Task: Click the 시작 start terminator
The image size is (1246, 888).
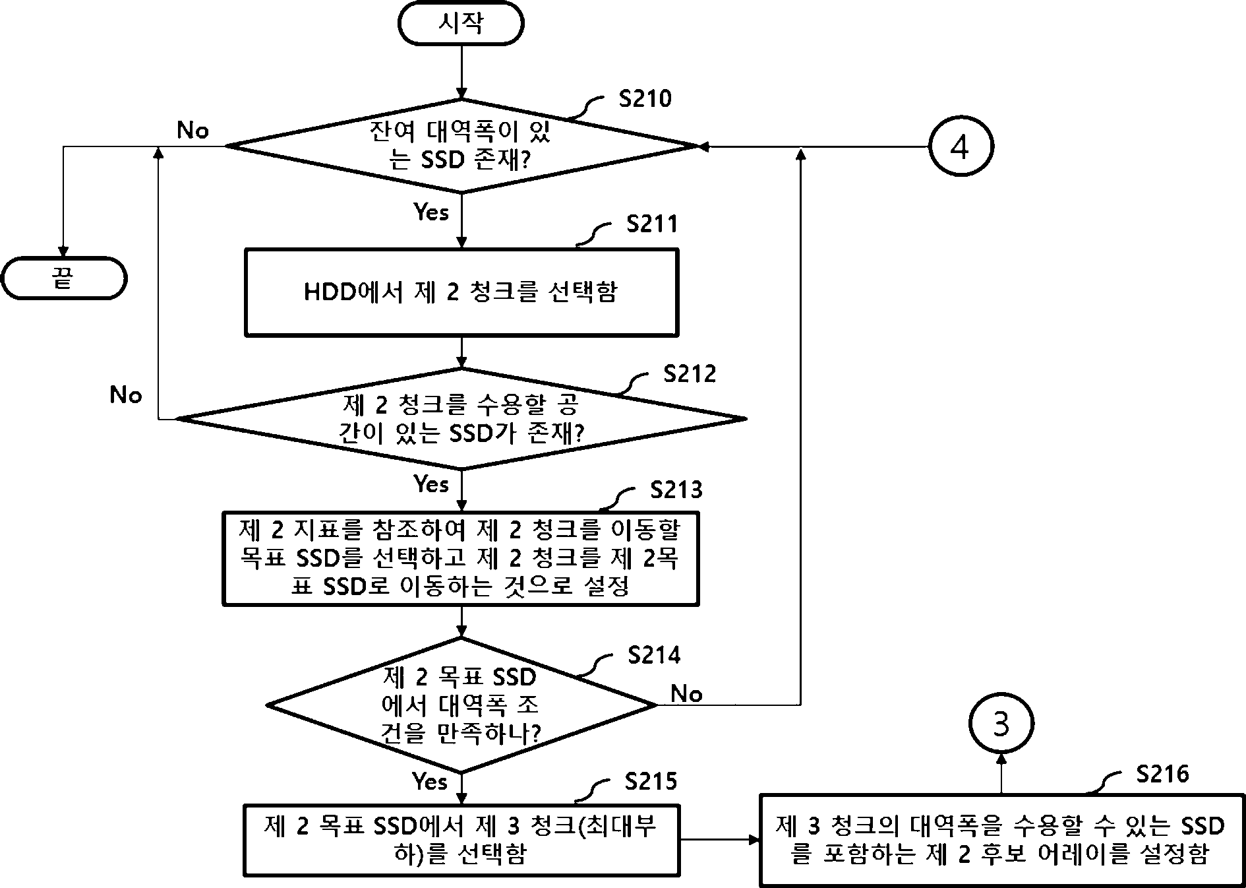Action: click(461, 23)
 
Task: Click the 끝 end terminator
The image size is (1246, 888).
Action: click(63, 278)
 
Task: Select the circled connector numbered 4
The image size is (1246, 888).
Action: click(961, 146)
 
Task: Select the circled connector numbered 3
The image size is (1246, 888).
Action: click(1001, 724)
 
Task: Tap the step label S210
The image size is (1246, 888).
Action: click(645, 99)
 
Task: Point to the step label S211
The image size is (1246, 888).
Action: click(652, 224)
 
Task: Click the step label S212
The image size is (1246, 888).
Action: click(690, 374)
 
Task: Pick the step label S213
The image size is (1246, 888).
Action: click(676, 490)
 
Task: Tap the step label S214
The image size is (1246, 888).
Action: click(654, 655)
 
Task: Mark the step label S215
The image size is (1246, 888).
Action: click(651, 781)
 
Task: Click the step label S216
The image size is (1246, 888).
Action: click(1162, 773)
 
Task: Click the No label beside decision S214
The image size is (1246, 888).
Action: click(686, 693)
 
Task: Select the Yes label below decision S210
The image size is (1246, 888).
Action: click(431, 212)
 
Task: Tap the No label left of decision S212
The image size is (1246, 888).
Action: click(126, 395)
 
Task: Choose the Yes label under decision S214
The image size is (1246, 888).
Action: click(430, 781)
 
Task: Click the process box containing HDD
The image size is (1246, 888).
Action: click(461, 292)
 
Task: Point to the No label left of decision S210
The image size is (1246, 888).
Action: click(193, 131)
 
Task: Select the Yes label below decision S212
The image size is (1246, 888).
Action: click(431, 484)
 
